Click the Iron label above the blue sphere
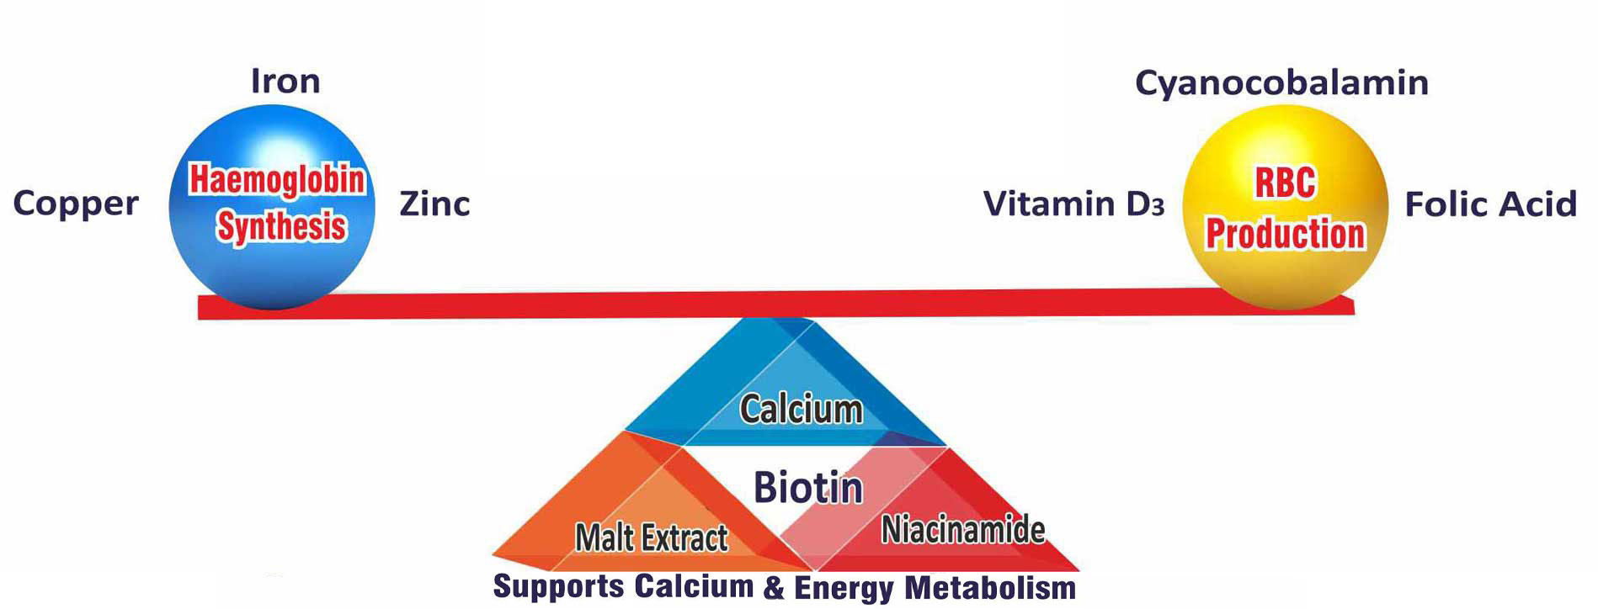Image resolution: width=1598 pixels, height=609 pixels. pyautogui.click(x=285, y=82)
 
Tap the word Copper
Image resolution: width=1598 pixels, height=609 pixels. pyautogui.click(x=76, y=204)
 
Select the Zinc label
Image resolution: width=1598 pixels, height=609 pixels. pyautogui.click(x=434, y=204)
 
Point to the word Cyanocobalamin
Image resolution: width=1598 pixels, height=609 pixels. pyautogui.click(x=1281, y=83)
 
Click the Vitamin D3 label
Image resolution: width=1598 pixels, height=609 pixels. pyautogui.click(x=1073, y=204)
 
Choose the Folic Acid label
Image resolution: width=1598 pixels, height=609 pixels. pyautogui.click(x=1490, y=204)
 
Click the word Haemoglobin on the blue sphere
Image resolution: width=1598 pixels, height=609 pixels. pyautogui.click(x=277, y=180)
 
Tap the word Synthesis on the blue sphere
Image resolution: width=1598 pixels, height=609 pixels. pyautogui.click(x=281, y=226)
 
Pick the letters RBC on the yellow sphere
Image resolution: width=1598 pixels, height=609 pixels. pyautogui.click(x=1285, y=183)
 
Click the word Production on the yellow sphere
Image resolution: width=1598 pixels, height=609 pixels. pyautogui.click(x=1285, y=234)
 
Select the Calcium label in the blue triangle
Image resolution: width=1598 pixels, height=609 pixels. pyautogui.click(x=801, y=410)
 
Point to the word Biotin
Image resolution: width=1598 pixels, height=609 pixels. pyautogui.click(x=807, y=487)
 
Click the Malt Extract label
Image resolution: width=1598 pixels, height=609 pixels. pyautogui.click(x=651, y=538)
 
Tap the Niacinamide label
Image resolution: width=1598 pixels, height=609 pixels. pyautogui.click(x=963, y=530)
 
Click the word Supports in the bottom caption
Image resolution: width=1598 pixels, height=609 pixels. pyautogui.click(x=559, y=587)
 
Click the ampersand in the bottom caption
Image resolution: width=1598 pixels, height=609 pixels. pyautogui.click(x=774, y=588)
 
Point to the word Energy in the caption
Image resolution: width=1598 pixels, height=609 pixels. pyautogui.click(x=844, y=588)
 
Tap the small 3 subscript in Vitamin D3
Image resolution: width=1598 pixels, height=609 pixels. pyautogui.click(x=1158, y=208)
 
